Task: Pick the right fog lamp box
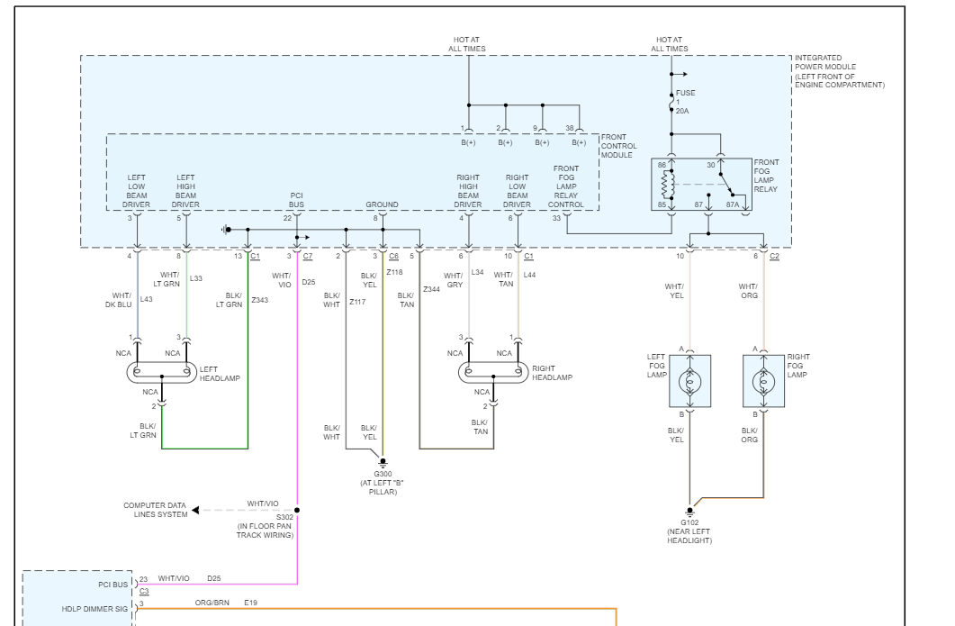coord(762,380)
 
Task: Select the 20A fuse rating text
coord(682,111)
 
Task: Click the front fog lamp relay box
coord(703,186)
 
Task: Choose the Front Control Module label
coord(619,146)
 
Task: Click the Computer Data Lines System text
coord(156,510)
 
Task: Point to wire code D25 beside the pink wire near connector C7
coord(309,282)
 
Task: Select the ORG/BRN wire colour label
coord(212,603)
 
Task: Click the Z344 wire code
coord(431,289)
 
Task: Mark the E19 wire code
coord(250,603)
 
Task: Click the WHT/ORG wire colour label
coord(748,291)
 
